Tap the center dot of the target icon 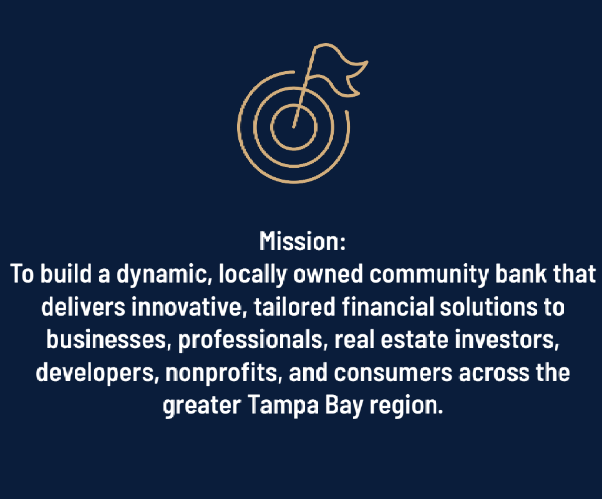(293, 126)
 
